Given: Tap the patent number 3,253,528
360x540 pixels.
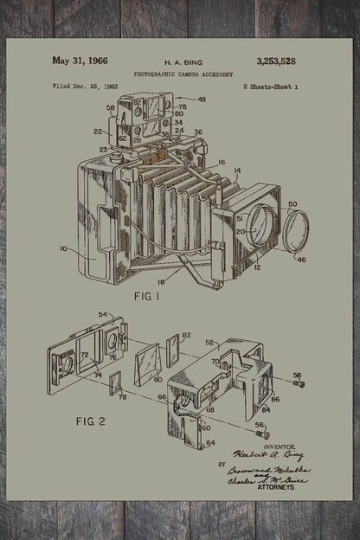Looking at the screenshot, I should click(275, 61).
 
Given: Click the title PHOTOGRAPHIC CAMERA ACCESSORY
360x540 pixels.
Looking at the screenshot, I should click(183, 75).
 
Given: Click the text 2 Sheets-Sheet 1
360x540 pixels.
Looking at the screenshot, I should click(271, 87).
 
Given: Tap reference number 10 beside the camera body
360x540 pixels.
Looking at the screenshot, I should click(63, 248).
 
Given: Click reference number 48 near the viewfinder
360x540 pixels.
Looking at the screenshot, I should click(202, 100).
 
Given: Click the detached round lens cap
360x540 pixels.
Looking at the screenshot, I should click(292, 233).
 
